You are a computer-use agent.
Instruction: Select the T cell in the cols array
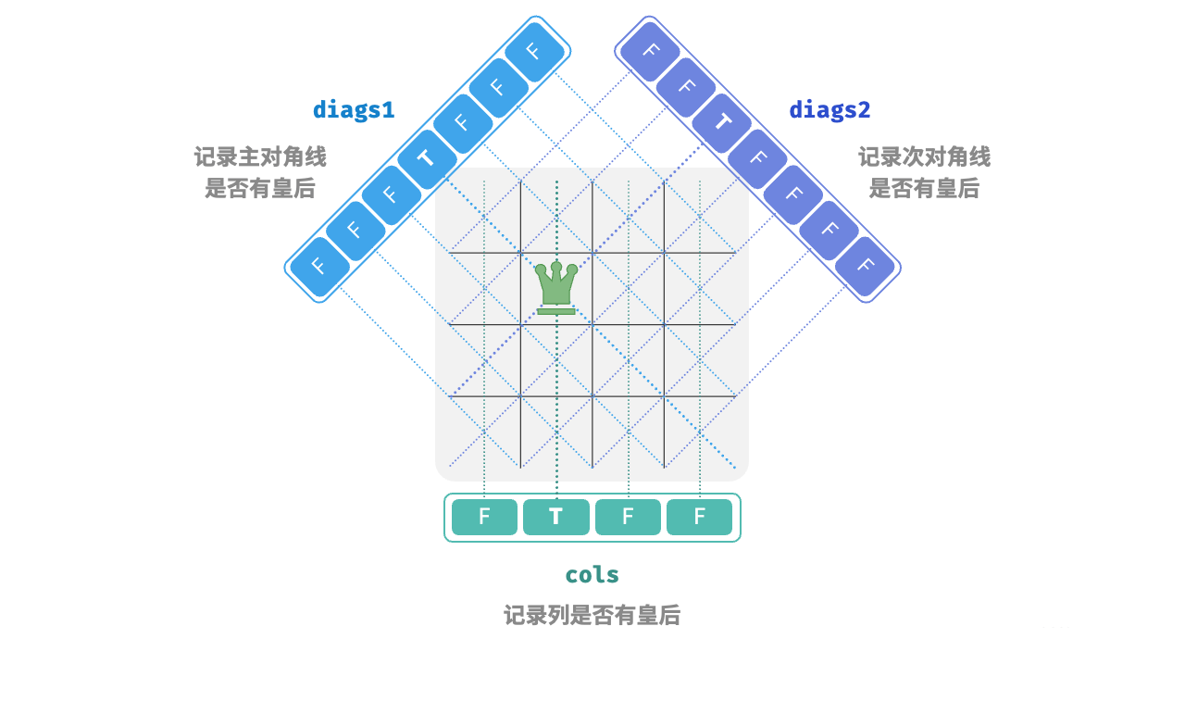point(556,517)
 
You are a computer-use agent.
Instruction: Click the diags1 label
point(354,109)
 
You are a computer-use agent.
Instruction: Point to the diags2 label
point(829,109)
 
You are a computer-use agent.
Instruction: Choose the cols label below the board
point(592,574)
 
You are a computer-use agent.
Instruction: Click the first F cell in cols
point(484,517)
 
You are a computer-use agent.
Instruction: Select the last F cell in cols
point(700,517)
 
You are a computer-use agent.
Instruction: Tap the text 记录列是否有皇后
point(592,615)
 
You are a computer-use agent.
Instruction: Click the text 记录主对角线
point(260,156)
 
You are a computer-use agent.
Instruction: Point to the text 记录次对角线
point(924,156)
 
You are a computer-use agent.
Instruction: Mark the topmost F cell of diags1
point(534,52)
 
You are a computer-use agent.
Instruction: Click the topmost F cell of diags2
point(650,52)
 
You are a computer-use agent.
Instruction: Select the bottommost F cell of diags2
point(866,267)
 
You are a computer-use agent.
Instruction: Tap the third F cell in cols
point(628,517)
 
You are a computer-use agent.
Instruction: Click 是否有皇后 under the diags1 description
point(260,188)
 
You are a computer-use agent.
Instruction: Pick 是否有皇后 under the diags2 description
point(924,188)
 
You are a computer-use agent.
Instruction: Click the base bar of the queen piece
point(556,311)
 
